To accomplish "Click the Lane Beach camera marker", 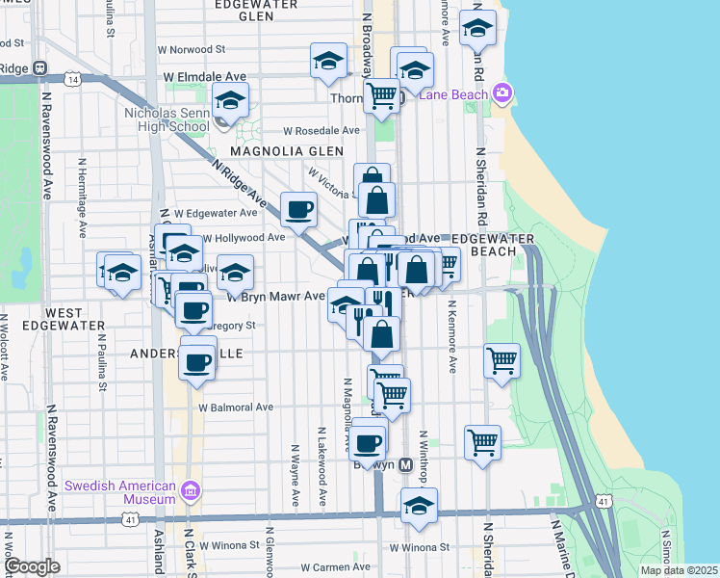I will (501, 93).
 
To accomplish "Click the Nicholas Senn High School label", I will (167, 119).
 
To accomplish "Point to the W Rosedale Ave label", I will (321, 131).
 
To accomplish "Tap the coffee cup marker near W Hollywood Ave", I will (298, 208).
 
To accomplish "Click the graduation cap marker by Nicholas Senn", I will (230, 99).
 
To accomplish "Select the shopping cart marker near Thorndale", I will (382, 95).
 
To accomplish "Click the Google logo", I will (34, 566).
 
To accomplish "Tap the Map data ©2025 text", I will (678, 570).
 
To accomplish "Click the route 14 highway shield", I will (73, 80).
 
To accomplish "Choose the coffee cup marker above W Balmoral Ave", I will (197, 363).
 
